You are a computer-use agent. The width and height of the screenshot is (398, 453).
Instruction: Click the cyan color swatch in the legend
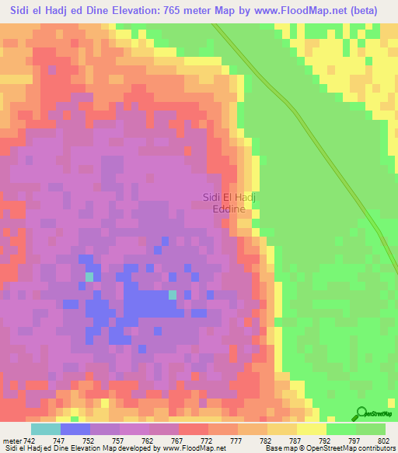click(x=45, y=428)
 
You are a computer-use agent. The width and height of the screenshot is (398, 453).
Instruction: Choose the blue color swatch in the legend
click(x=75, y=428)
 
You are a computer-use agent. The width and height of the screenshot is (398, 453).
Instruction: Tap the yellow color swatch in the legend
click(x=311, y=428)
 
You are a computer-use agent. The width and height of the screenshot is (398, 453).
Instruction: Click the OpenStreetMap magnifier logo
click(x=362, y=414)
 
